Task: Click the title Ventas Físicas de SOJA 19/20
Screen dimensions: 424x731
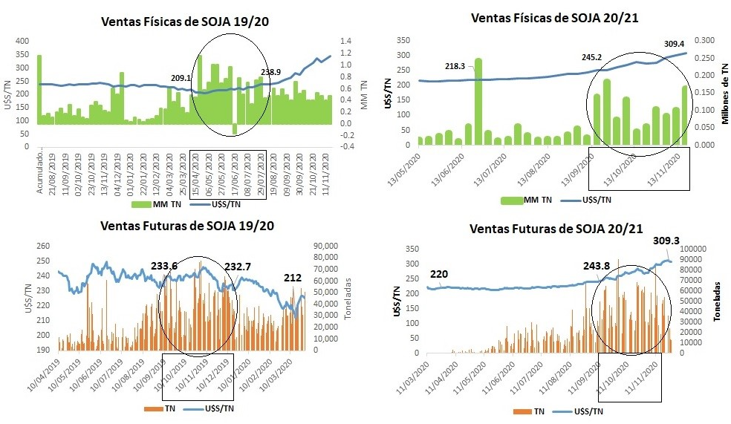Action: pos(184,22)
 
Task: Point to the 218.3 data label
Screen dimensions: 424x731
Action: pos(455,66)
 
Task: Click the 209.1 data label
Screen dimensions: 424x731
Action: pos(181,77)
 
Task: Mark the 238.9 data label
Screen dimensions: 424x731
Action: pos(270,72)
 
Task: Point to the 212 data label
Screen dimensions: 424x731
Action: pos(292,278)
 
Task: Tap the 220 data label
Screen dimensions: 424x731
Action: pos(438,273)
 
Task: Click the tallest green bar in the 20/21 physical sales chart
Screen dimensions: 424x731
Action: pos(478,101)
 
